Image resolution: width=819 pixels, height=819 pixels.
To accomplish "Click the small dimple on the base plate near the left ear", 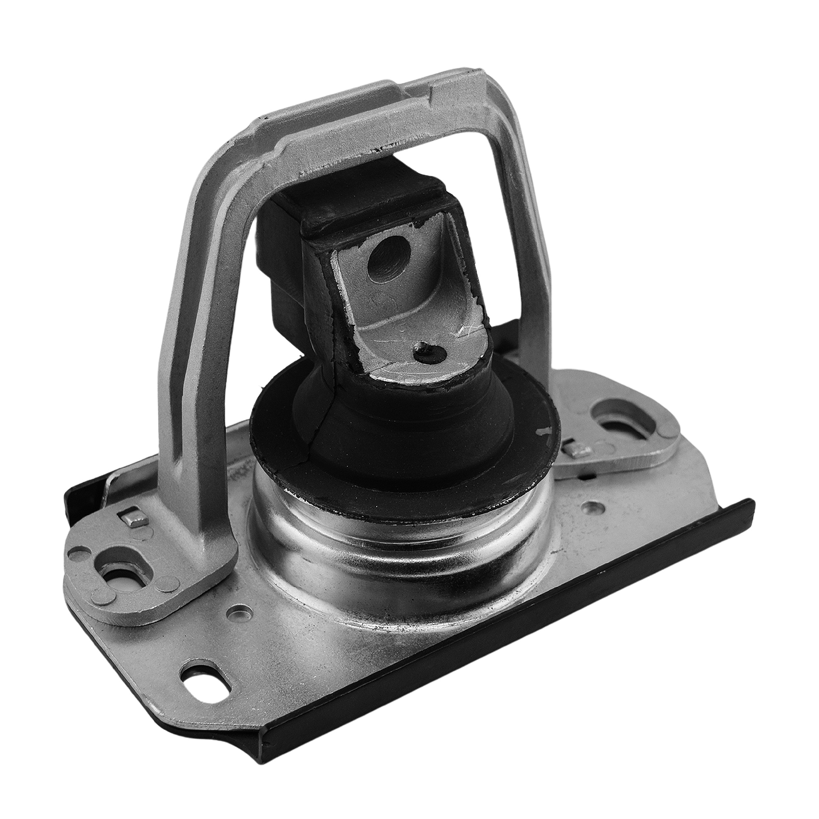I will pos(241,612).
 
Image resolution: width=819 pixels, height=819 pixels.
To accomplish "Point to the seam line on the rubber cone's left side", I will pos(316,418).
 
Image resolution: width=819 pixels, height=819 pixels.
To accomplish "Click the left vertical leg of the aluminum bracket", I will pos(195,382).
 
